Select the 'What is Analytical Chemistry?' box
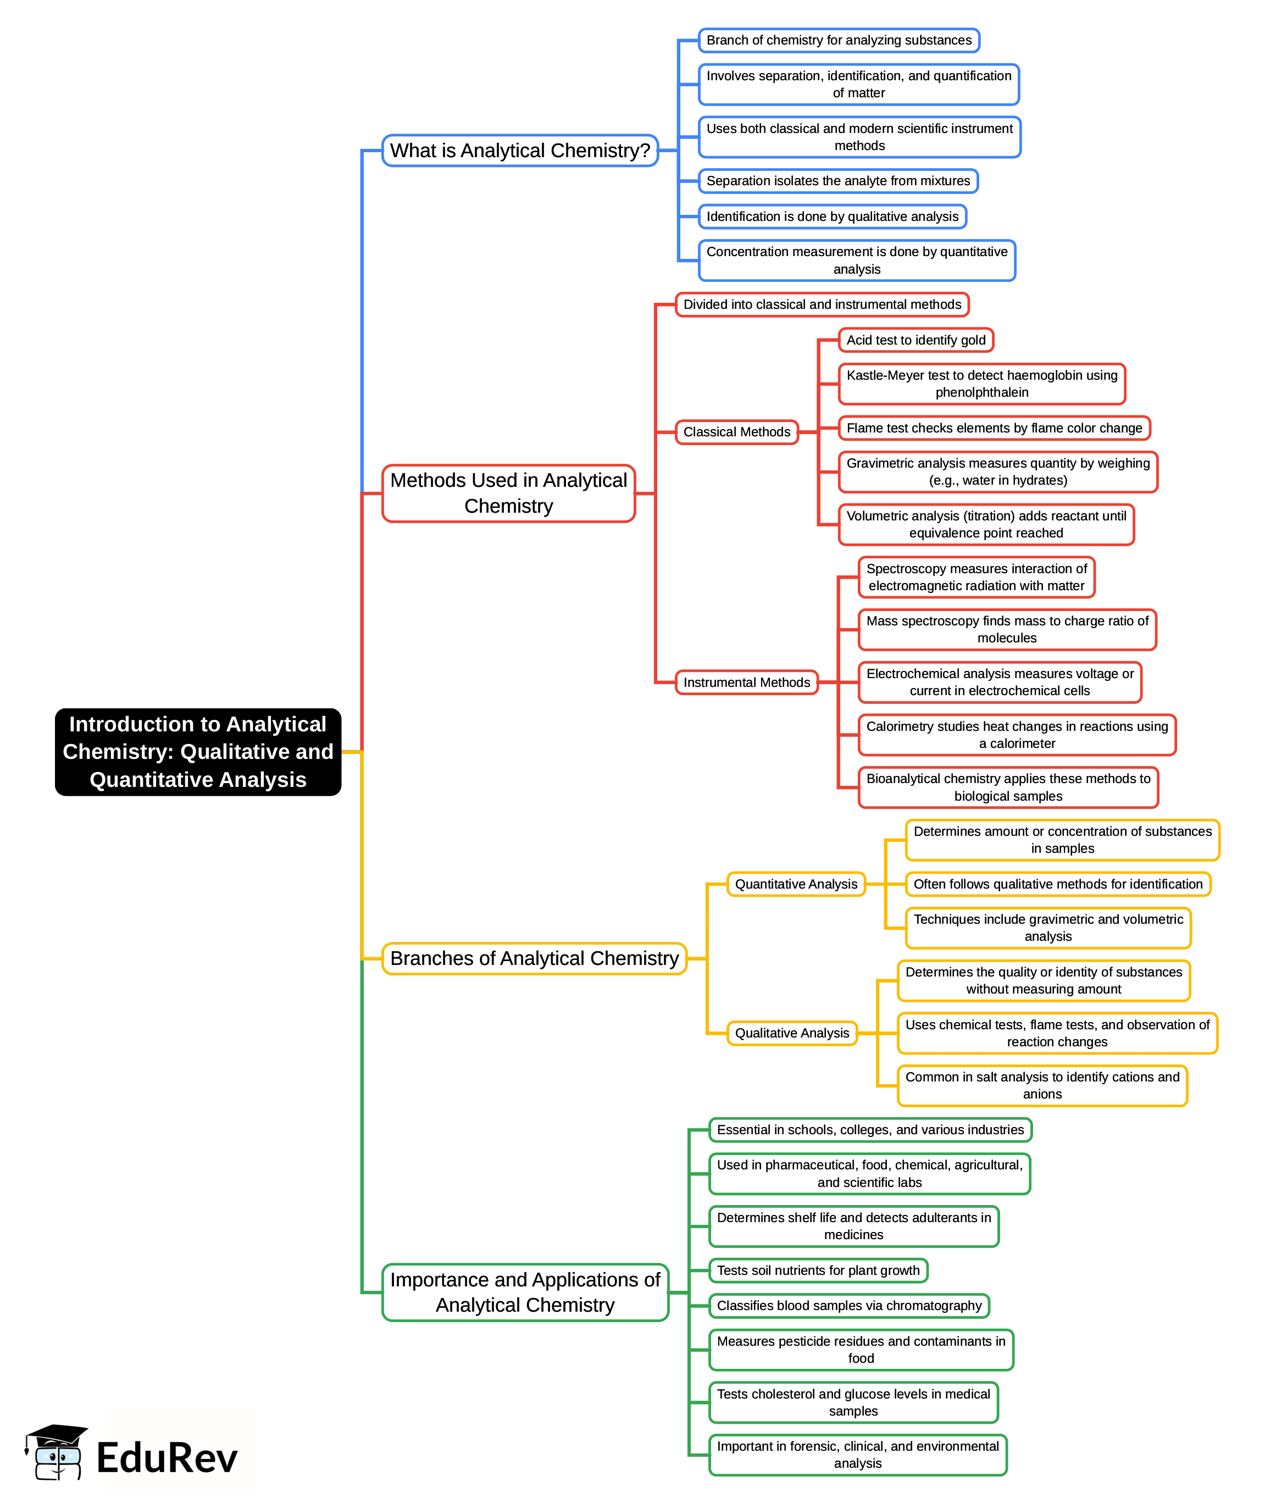pyautogui.click(x=519, y=151)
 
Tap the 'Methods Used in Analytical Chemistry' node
pyautogui.click(x=508, y=493)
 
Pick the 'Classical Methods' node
pyautogui.click(x=736, y=432)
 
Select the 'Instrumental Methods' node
pyautogui.click(x=746, y=682)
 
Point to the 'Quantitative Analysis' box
pyautogui.click(x=796, y=884)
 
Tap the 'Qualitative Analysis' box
pyautogui.click(x=791, y=1033)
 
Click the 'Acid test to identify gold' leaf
pyautogui.click(x=915, y=340)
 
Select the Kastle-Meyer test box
pyautogui.click(x=981, y=384)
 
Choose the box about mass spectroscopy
pyautogui.click(x=1006, y=629)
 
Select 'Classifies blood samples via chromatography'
pyautogui.click(x=848, y=1306)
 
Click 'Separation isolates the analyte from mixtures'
pyautogui.click(x=837, y=181)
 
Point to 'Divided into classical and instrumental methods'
pyautogui.click(x=822, y=304)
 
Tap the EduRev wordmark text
pyautogui.click(x=167, y=1458)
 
